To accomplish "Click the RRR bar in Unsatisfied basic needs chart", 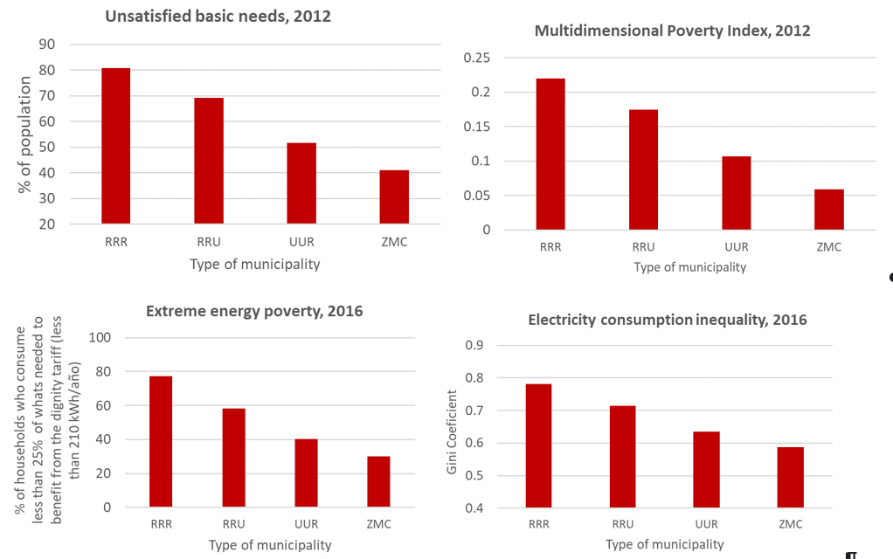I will click(x=115, y=146).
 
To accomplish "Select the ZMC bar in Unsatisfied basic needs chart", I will click(x=394, y=197).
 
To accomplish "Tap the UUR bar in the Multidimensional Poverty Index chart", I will click(x=736, y=193).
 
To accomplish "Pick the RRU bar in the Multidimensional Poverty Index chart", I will click(x=643, y=169).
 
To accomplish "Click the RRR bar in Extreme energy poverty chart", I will click(x=161, y=441).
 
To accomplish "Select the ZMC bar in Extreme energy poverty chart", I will click(x=378, y=481).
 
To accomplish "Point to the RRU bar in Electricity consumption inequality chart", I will click(x=622, y=457).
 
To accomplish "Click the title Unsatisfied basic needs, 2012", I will click(x=218, y=17).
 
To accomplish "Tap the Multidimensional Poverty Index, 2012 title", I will click(x=672, y=31).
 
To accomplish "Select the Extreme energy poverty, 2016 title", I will click(x=254, y=311).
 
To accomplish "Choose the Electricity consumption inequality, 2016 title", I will click(x=668, y=320).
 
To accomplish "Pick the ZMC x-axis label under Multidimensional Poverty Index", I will click(x=828, y=247).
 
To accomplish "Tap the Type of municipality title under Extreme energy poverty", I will click(x=270, y=545).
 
